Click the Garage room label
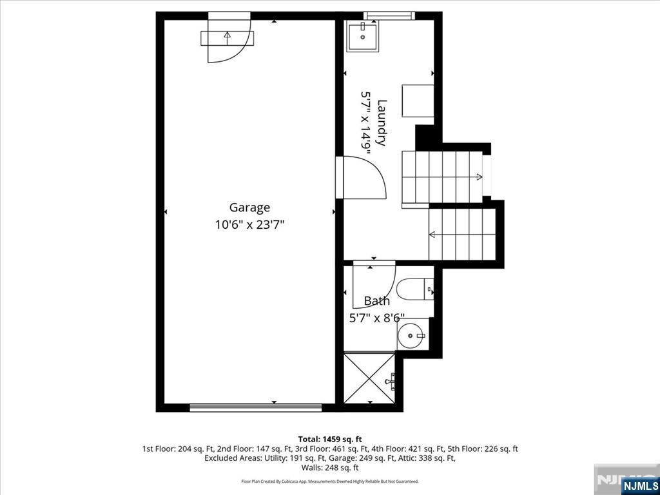tap(249, 208)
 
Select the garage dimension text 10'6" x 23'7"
tap(249, 225)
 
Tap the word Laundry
tap(382, 122)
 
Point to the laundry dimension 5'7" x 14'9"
tap(365, 122)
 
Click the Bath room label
tap(376, 301)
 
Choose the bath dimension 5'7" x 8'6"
tap(376, 318)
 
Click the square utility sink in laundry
tap(363, 36)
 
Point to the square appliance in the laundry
tap(418, 101)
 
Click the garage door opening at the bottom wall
tap(255, 407)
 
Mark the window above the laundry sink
tap(389, 15)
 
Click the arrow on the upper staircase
tap(478, 177)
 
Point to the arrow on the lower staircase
tap(432, 234)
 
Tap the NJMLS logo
tap(639, 485)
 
